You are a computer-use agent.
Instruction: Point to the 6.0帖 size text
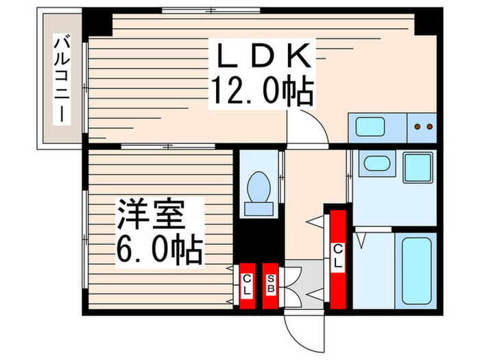pyautogui.click(x=158, y=250)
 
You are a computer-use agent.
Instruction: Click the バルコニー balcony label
pyautogui.click(x=62, y=81)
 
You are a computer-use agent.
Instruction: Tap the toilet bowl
pyautogui.click(x=259, y=185)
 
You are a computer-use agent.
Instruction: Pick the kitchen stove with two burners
pyautogui.click(x=422, y=127)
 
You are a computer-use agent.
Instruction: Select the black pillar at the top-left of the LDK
pyautogui.click(x=97, y=22)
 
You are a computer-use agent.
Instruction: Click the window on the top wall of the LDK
pyautogui.click(x=211, y=10)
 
